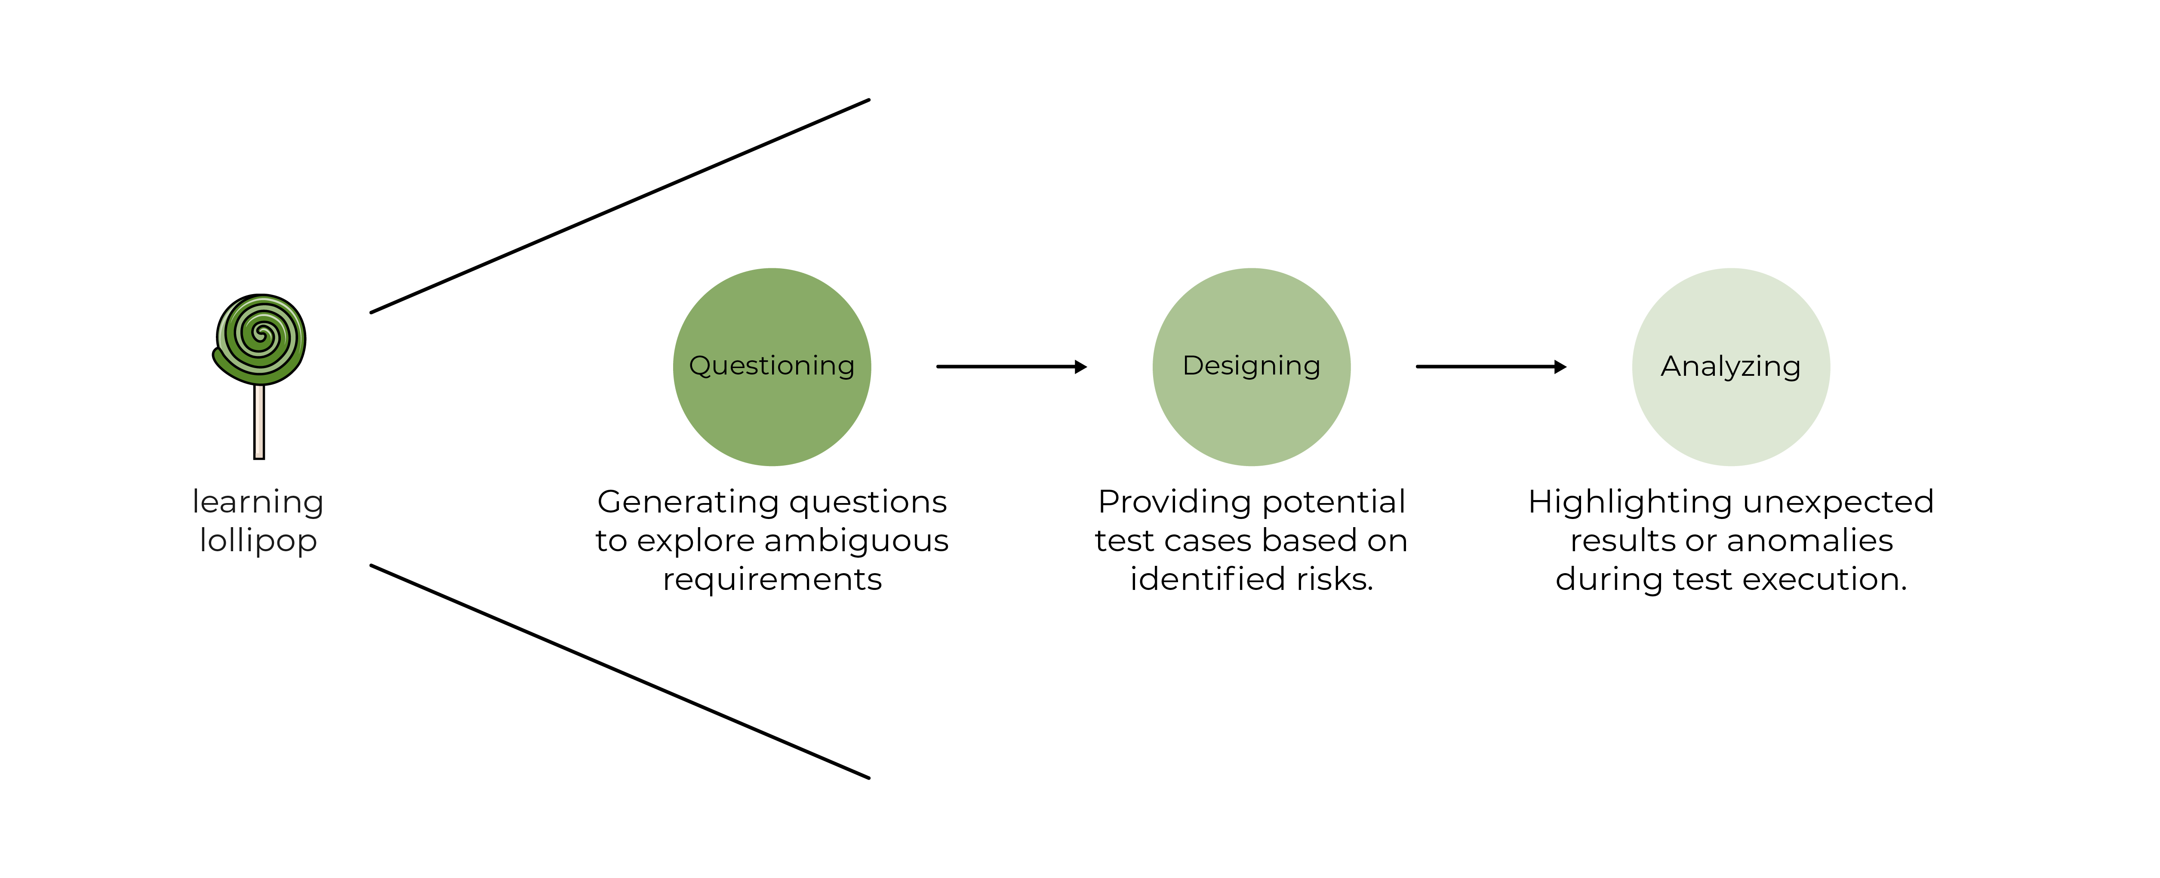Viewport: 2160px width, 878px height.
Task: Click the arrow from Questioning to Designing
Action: point(1010,366)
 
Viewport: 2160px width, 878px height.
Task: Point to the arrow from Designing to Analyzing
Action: point(1490,366)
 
